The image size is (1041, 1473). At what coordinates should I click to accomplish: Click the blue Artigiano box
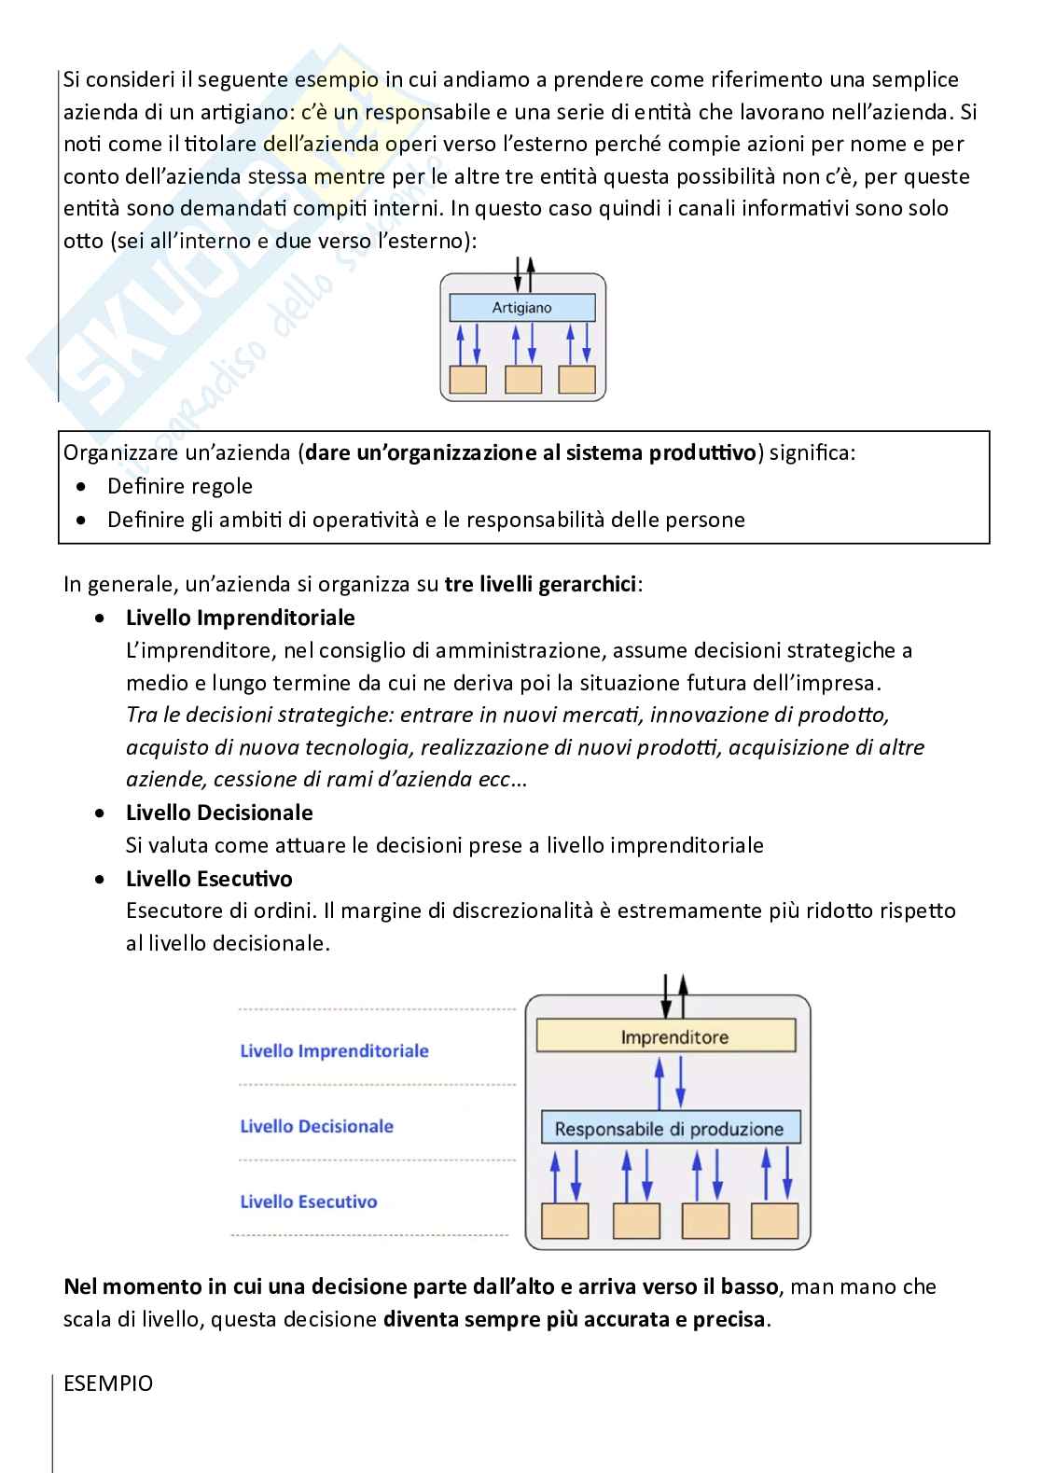click(x=522, y=308)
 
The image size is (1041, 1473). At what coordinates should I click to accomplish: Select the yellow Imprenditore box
click(x=666, y=1036)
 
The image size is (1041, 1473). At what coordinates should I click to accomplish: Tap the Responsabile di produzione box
click(x=670, y=1129)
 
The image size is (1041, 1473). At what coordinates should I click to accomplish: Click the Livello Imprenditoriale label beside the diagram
click(x=334, y=1051)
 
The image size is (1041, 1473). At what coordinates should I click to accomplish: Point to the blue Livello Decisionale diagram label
click(x=317, y=1126)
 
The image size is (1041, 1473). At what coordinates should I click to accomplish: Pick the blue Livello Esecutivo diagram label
click(x=309, y=1202)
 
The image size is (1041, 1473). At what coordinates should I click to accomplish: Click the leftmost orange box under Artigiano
click(x=468, y=380)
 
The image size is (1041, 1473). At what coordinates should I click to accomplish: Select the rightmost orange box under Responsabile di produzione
click(x=774, y=1220)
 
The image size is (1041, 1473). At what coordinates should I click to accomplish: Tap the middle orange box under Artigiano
click(x=522, y=380)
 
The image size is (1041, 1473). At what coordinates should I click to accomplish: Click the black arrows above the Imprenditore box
click(x=673, y=995)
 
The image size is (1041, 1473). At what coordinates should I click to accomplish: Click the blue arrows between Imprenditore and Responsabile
click(x=670, y=1081)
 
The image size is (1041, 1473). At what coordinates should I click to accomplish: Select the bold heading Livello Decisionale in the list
click(x=219, y=813)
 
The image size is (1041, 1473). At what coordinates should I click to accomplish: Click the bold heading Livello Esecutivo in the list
click(x=209, y=879)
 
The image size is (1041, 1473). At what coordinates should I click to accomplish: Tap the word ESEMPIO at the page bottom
click(x=108, y=1383)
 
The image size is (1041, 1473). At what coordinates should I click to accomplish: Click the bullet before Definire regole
click(x=84, y=487)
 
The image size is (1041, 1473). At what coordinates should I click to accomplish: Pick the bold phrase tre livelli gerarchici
click(x=541, y=585)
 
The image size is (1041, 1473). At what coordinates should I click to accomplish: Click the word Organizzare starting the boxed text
click(x=116, y=453)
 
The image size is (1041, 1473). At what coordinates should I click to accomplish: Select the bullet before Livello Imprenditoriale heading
click(x=101, y=618)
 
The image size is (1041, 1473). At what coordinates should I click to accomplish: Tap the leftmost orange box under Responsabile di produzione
click(x=565, y=1220)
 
